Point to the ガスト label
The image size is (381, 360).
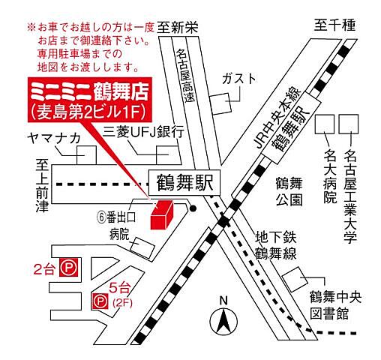pyautogui.click(x=238, y=79)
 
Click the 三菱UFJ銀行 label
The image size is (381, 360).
pyautogui.click(x=144, y=131)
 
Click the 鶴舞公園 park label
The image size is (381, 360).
pyautogui.click(x=288, y=191)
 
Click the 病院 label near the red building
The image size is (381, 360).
pyautogui.click(x=120, y=234)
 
